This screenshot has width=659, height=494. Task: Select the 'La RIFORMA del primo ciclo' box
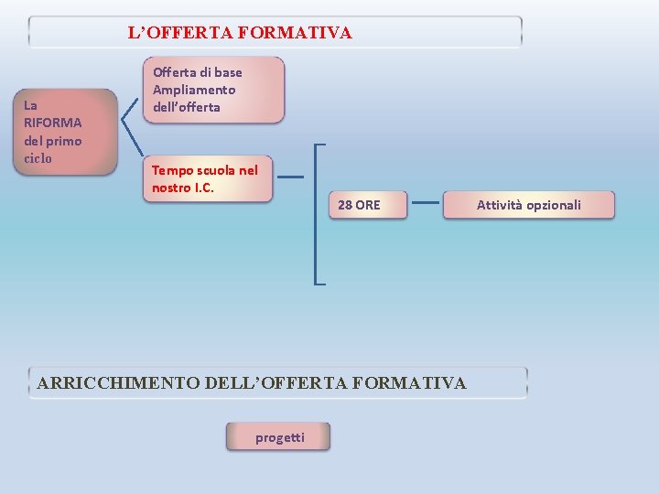pos(69,132)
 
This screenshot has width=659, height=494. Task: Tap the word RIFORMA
pos(52,123)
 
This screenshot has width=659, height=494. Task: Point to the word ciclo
pos(38,158)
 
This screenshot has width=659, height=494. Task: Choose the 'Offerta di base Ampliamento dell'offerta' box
pos(215,90)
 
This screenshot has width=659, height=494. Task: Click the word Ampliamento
pos(194,90)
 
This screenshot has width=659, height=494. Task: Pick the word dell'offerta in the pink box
pos(187,107)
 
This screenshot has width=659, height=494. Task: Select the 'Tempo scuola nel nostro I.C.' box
pos(210,178)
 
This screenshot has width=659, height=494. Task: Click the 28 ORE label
pos(359,205)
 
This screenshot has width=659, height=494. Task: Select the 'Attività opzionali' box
pos(528,205)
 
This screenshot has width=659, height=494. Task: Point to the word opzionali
pos(553,205)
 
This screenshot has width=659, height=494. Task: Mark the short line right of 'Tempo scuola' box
pos(290,177)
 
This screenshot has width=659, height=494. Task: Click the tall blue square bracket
pos(316,214)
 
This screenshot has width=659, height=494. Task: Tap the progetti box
pos(279,437)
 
